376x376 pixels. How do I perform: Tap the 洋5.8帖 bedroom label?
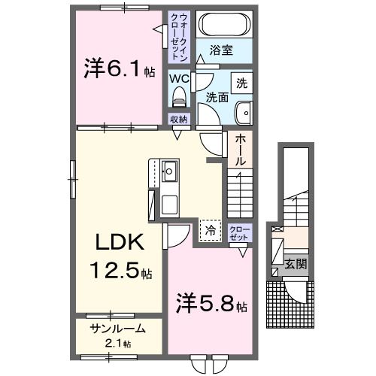point(211,306)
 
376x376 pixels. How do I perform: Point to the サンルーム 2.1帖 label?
point(117,334)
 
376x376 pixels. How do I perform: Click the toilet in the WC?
point(179,96)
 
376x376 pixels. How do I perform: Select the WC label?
point(179,77)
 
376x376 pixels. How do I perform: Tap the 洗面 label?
point(217,98)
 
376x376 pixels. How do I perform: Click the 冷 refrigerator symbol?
point(211,230)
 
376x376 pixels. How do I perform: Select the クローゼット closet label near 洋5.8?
point(239,232)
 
